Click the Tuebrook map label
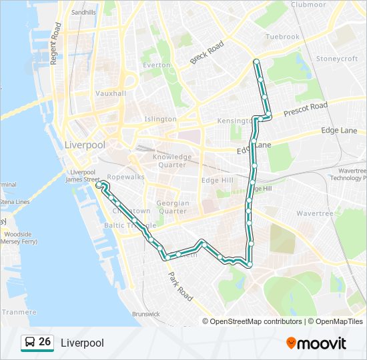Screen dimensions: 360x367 click(282, 37)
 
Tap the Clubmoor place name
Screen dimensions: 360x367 click(308, 5)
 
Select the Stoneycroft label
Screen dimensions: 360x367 click(337, 59)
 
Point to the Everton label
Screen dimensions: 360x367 click(157, 65)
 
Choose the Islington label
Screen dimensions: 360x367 click(161, 119)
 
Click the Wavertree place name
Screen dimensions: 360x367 click(314, 214)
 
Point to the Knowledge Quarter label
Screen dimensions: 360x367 click(173, 161)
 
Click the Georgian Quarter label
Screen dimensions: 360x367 click(172, 207)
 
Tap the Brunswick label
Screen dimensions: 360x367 click(146, 313)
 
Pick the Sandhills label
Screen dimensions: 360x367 click(83, 12)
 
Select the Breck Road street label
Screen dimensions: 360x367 click(207, 53)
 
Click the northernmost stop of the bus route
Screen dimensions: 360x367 click(256, 62)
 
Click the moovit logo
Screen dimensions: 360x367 click(316, 343)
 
